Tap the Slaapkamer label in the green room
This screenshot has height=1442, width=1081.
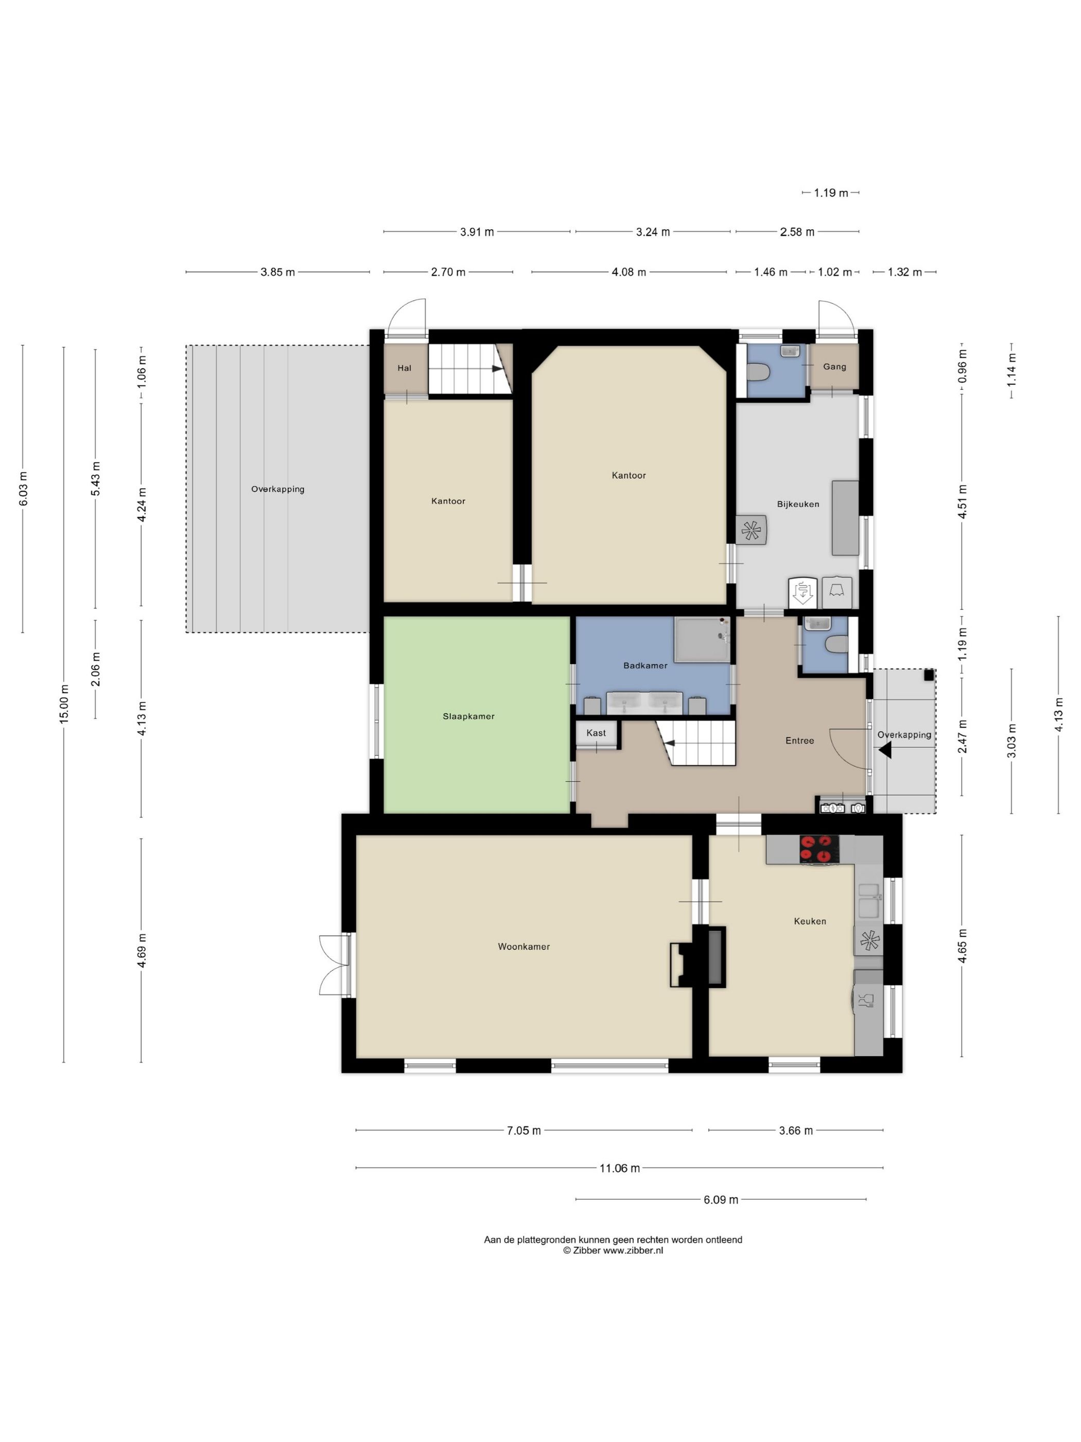pyautogui.click(x=468, y=716)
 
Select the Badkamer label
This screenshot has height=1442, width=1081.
pyautogui.click(x=645, y=665)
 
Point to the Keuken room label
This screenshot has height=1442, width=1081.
pyautogui.click(x=810, y=921)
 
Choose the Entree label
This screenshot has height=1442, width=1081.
pyautogui.click(x=799, y=741)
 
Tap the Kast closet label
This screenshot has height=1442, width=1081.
pyautogui.click(x=596, y=733)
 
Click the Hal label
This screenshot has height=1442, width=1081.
pyautogui.click(x=405, y=368)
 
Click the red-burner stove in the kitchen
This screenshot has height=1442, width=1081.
pyautogui.click(x=819, y=849)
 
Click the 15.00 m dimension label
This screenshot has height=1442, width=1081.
pyautogui.click(x=64, y=704)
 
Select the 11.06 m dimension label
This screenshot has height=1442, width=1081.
pyautogui.click(x=620, y=1168)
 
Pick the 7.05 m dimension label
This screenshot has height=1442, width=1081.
pyautogui.click(x=524, y=1131)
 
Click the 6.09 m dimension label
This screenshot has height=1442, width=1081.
pyautogui.click(x=721, y=1199)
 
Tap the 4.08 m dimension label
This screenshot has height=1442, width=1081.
pyautogui.click(x=629, y=272)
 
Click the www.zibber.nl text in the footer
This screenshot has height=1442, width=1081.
pyautogui.click(x=633, y=1250)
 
